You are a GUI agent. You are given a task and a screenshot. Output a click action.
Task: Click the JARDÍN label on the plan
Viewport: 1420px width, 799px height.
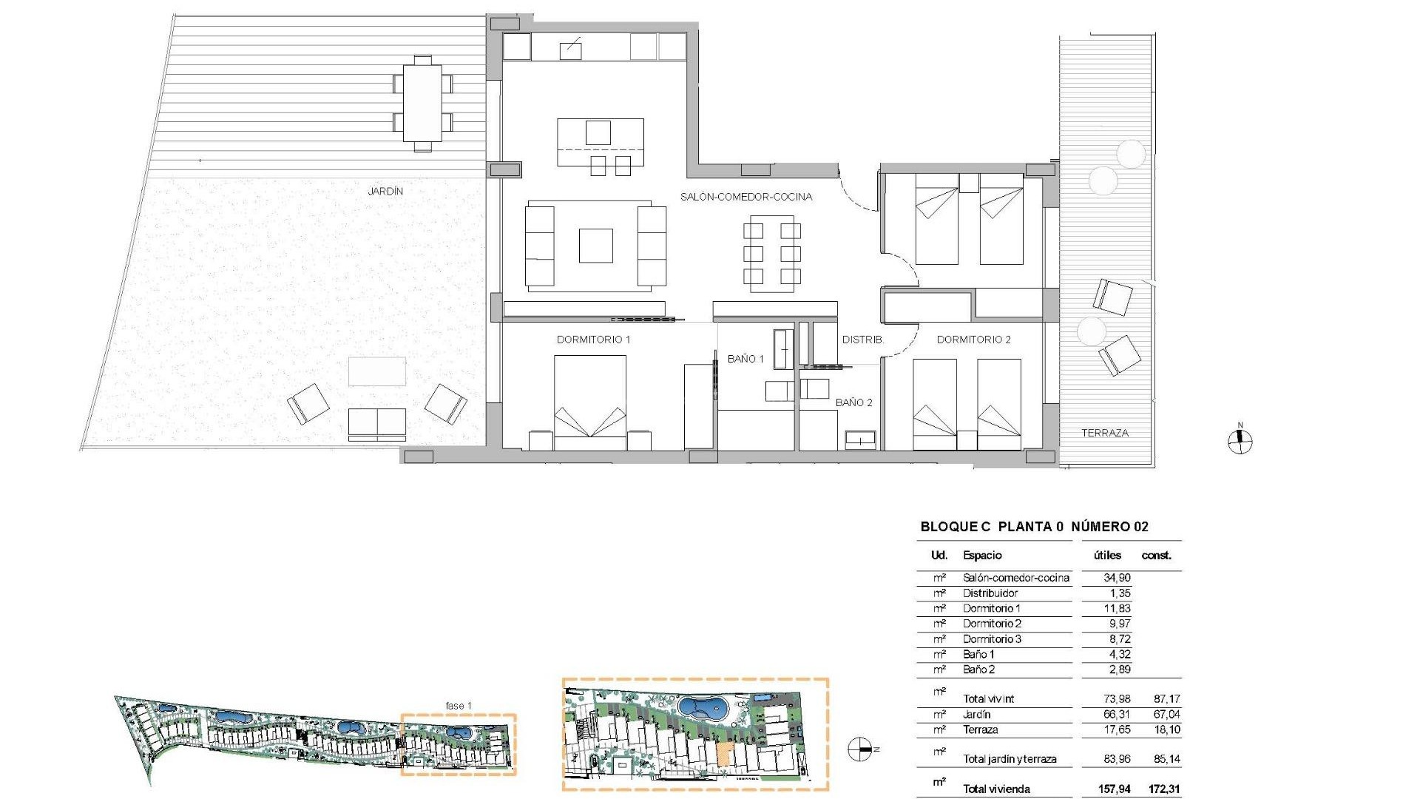[385, 191]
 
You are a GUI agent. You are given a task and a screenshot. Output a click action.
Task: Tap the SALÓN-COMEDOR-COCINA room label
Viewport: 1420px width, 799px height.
[746, 197]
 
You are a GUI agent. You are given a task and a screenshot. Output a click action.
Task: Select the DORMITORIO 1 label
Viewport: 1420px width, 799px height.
[593, 340]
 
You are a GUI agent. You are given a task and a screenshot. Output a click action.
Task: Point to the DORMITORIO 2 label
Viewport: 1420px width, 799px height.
[973, 340]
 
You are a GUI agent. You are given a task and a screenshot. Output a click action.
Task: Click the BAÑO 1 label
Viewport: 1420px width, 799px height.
[745, 359]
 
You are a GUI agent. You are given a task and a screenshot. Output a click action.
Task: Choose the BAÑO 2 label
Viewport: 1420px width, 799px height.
[853, 402]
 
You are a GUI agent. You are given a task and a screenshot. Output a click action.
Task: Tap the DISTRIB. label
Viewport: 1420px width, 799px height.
[862, 340]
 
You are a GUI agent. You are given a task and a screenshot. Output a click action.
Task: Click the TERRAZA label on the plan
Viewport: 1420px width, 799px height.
[1105, 433]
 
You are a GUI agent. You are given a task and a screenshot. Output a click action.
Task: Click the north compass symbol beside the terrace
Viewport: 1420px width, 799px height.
[1240, 442]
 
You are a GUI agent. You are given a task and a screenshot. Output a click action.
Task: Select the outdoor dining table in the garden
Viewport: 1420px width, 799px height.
[422, 103]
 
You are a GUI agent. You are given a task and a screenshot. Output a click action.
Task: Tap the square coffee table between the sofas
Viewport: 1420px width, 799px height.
[595, 246]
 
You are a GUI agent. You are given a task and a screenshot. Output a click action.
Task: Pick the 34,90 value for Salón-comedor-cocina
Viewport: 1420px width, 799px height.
[1117, 578]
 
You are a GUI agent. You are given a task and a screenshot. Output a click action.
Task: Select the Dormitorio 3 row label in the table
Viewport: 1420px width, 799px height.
[992, 639]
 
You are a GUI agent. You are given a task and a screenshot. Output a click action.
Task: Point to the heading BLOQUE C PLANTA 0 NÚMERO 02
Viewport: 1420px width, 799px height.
[1034, 527]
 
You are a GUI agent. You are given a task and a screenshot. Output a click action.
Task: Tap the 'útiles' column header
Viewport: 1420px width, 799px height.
[1107, 556]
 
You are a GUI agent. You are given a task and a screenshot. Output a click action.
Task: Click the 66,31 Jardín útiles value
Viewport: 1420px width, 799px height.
[1117, 715]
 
